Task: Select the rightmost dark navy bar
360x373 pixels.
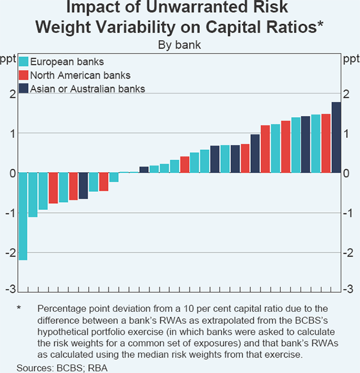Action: click(336, 137)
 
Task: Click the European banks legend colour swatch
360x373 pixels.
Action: click(24, 61)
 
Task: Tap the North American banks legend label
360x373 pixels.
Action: click(80, 75)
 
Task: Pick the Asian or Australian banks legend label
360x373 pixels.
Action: click(88, 89)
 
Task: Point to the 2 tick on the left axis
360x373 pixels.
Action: click(11, 94)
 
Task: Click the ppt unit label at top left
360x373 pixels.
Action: click(9, 58)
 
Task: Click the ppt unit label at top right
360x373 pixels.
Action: click(350, 58)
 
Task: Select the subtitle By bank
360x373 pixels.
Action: click(179, 44)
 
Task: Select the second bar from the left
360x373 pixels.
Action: click(33, 195)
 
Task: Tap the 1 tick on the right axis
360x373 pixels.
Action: click(346, 134)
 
